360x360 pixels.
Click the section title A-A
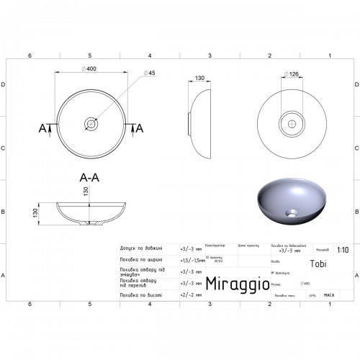point(91,175)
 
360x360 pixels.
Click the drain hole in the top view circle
point(91,123)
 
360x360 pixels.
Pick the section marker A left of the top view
point(42,128)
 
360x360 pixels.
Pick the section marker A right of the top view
point(140,128)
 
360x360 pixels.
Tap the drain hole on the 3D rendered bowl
point(292,213)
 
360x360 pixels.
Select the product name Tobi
point(318,264)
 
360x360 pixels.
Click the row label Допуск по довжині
point(135,248)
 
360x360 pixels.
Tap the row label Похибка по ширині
point(135,259)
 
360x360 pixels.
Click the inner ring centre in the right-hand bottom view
point(293,123)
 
